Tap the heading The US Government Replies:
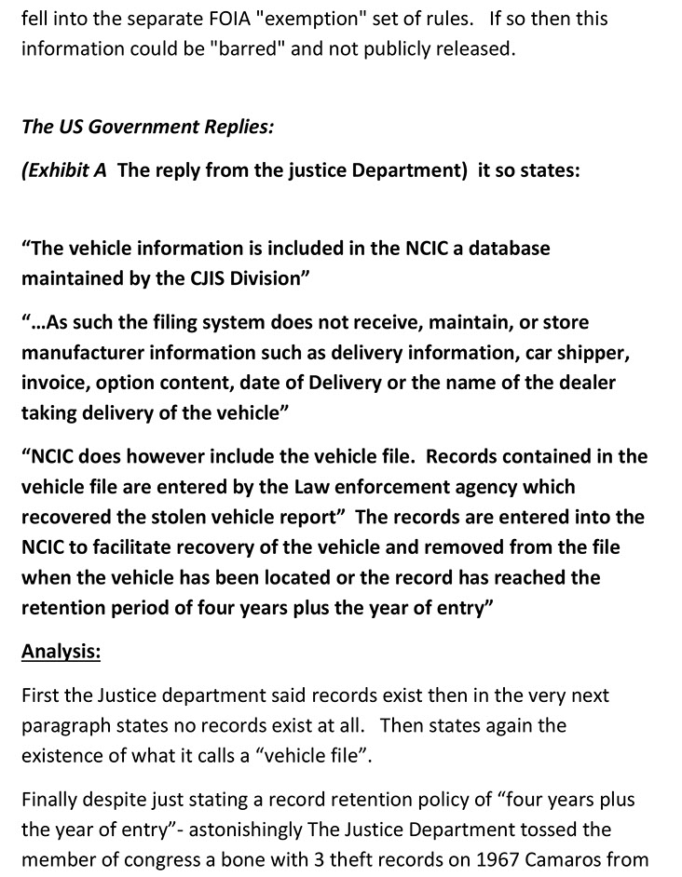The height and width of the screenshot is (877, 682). pyautogui.click(x=147, y=127)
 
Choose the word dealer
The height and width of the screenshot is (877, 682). pyautogui.click(x=586, y=383)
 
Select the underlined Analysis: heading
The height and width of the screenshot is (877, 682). pyautogui.click(x=61, y=652)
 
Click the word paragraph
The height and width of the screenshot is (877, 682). pyautogui.click(x=62, y=724)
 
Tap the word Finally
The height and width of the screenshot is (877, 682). pyautogui.click(x=49, y=799)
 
